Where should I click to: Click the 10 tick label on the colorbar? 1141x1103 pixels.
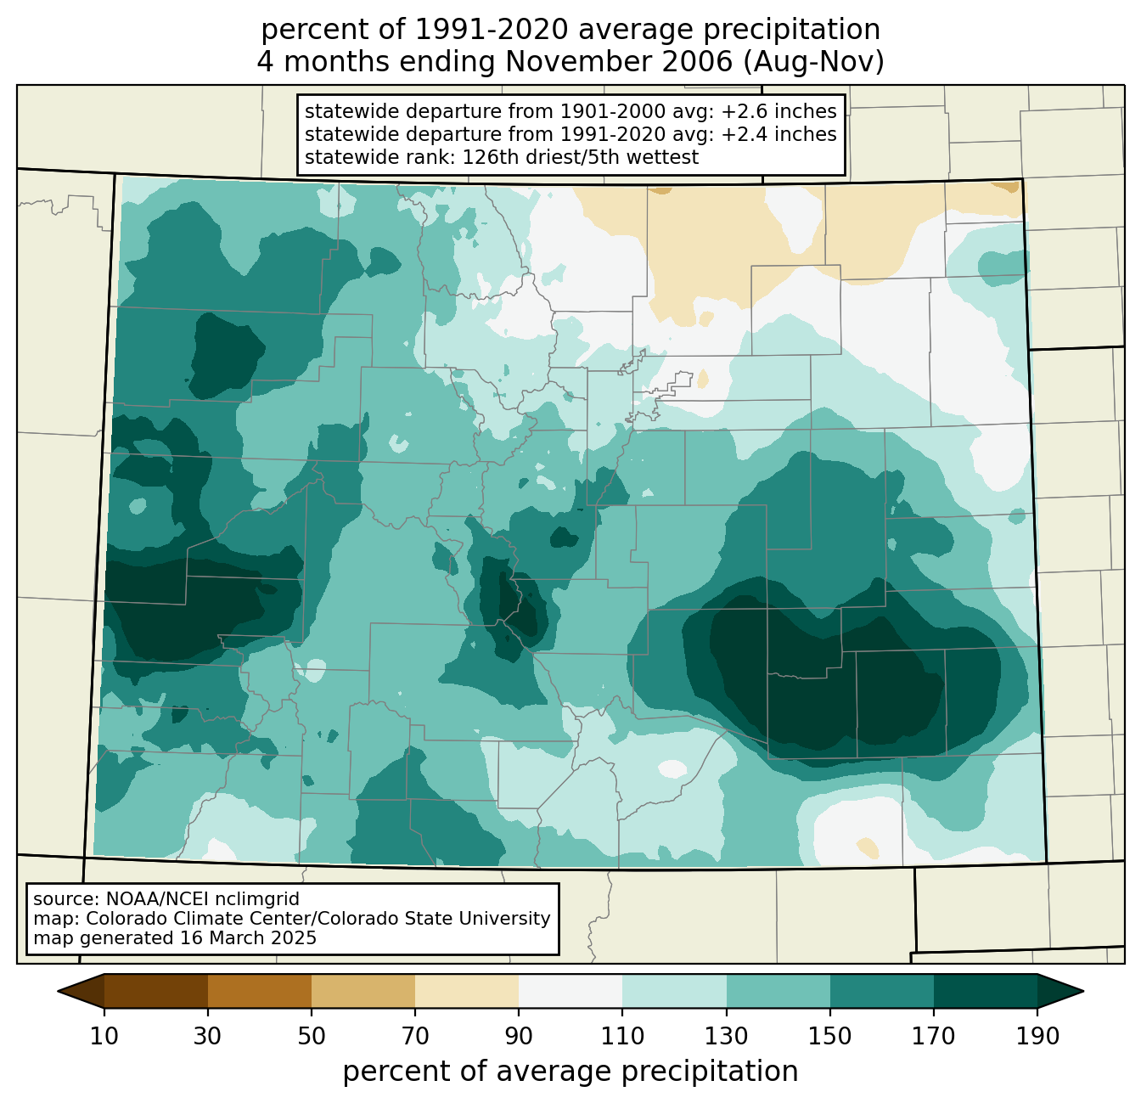104,1036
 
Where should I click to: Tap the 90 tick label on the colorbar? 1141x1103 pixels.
519,1036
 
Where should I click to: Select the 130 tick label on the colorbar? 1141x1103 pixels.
726,1036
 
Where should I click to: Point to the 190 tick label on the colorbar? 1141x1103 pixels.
1037,1036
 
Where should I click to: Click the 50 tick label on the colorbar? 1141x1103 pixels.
312,1036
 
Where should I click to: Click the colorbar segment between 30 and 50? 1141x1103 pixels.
259,991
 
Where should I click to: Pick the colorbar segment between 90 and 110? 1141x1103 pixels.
570,991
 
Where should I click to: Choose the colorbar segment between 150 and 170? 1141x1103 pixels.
882,991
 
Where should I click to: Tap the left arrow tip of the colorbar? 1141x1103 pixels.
58,991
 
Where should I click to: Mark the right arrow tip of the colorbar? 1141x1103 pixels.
1083,991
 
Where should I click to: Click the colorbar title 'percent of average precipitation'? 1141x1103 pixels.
570,1072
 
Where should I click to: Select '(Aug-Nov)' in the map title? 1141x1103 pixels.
814,62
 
